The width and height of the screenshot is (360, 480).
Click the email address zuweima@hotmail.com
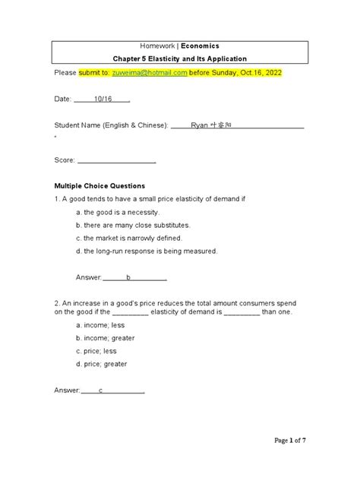[x=149, y=72]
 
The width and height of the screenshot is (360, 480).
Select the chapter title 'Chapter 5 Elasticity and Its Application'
[x=180, y=58]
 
